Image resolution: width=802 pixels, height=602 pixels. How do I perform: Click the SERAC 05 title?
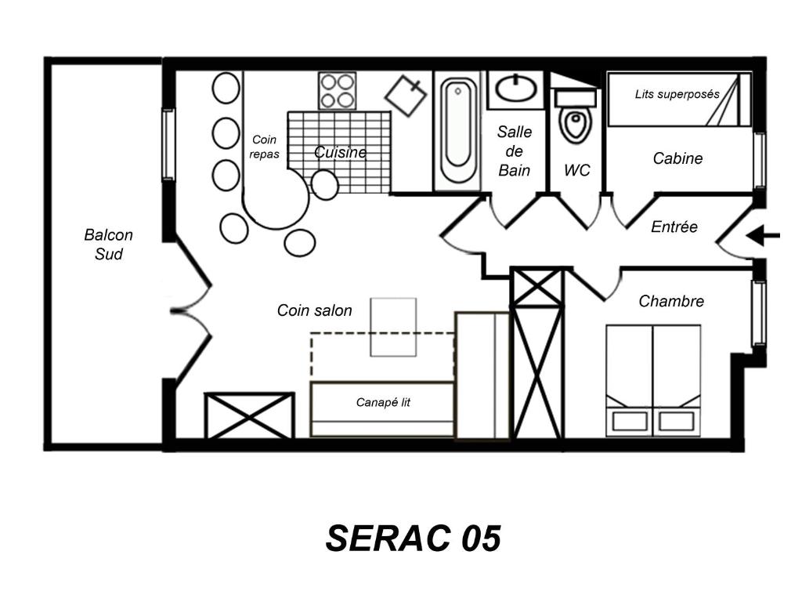(413, 539)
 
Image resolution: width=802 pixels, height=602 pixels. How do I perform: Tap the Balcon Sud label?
(108, 245)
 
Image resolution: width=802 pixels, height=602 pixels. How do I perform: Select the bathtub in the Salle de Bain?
(457, 131)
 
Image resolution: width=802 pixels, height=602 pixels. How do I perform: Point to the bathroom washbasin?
(516, 89)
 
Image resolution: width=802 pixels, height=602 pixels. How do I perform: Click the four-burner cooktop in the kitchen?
(337, 91)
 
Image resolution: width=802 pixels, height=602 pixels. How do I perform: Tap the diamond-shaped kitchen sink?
(406, 96)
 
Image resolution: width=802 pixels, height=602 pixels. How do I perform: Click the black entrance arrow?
(763, 236)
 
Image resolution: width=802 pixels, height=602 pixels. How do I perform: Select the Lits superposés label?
(677, 94)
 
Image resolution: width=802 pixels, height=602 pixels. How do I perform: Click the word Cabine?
(677, 158)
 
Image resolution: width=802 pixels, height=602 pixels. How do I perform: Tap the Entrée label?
(674, 227)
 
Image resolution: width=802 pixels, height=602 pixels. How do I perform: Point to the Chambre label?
(671, 301)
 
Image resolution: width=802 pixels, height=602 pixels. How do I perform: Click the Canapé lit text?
(383, 402)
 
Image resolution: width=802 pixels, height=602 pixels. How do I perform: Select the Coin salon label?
(315, 310)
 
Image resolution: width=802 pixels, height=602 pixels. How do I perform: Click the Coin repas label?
(265, 147)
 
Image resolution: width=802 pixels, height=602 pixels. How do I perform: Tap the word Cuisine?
(340, 152)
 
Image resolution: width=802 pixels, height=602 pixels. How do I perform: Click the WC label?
(577, 170)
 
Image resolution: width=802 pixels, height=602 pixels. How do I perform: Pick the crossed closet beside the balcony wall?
(249, 415)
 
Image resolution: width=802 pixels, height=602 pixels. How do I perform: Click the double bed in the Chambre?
(653, 381)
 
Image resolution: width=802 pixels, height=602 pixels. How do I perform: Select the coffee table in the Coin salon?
(393, 327)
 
